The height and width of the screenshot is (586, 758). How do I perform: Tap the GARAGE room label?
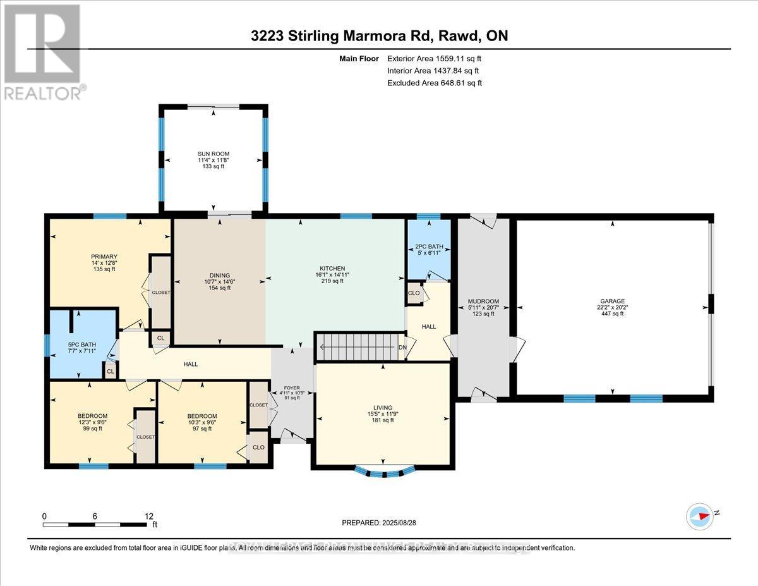613,301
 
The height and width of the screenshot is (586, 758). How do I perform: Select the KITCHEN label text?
332,268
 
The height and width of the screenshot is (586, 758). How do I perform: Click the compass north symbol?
700,515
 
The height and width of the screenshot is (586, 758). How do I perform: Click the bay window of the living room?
385,471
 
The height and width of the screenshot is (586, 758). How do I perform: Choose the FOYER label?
291,388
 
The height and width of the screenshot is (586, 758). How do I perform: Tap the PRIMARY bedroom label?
104,256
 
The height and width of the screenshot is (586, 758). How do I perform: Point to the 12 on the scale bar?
149,516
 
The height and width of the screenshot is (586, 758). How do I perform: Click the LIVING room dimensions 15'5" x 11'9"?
383,414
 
